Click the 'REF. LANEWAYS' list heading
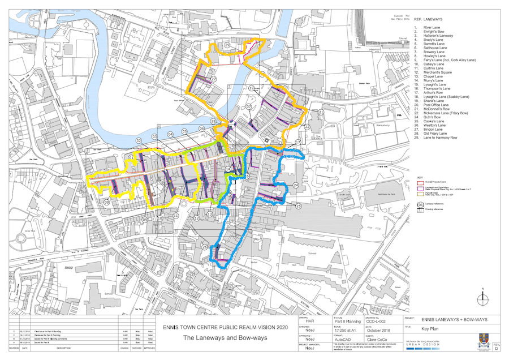coord(430,19)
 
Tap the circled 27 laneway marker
coord(214,79)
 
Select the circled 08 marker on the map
coord(106,202)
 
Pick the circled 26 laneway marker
coord(204,246)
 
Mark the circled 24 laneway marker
coord(296,185)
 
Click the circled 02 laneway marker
coord(137,140)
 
